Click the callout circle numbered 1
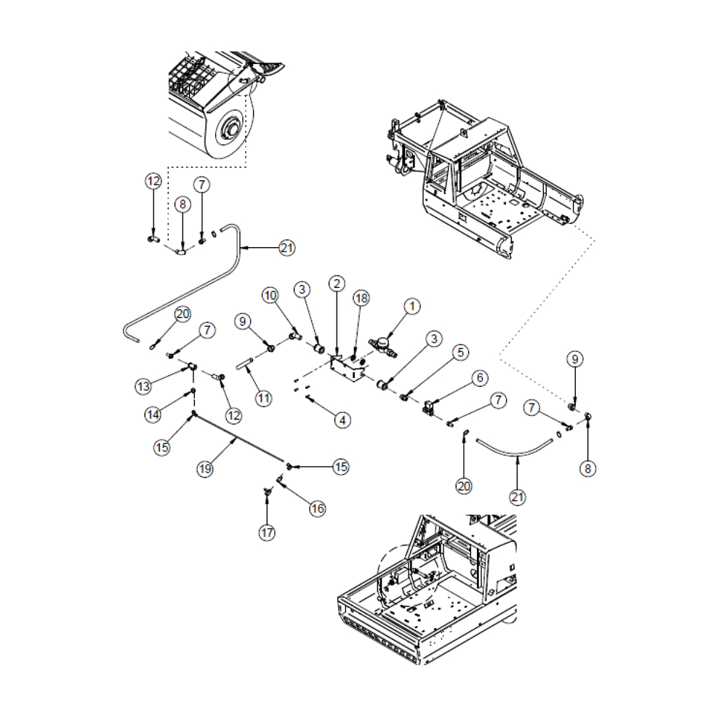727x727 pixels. [x=411, y=307]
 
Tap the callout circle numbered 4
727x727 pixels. [x=341, y=419]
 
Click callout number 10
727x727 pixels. [x=270, y=295]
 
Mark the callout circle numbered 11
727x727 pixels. [x=263, y=398]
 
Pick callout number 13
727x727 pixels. [x=143, y=386]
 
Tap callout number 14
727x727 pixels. [x=153, y=414]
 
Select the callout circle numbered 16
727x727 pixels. [x=317, y=508]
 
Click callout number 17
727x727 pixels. [x=268, y=533]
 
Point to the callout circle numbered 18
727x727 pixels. [x=361, y=298]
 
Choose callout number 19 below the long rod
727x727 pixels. [x=205, y=469]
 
